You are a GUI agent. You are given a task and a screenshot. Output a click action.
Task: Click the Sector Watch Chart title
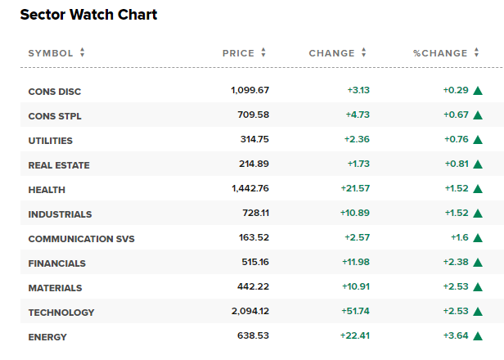(88, 15)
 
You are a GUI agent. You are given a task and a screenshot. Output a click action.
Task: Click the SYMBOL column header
(51, 53)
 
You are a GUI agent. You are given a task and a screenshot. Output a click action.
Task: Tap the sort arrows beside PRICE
(263, 52)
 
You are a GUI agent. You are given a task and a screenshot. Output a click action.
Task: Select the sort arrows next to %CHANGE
(476, 52)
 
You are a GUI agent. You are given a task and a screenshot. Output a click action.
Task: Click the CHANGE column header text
(331, 53)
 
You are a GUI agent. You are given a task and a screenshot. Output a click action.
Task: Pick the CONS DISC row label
(55, 92)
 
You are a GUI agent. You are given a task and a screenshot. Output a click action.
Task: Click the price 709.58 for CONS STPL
(254, 115)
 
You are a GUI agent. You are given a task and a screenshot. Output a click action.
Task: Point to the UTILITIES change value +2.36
(357, 139)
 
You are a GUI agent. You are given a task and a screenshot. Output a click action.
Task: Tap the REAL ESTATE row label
(59, 165)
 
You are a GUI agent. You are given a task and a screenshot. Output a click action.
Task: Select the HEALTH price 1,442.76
(250, 188)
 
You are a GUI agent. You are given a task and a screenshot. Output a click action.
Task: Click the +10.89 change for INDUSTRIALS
(355, 213)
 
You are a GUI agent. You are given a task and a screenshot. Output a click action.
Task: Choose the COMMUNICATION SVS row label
(81, 239)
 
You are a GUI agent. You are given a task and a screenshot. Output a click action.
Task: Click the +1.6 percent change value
(460, 237)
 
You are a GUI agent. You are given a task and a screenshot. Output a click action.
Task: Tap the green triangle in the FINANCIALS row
(478, 263)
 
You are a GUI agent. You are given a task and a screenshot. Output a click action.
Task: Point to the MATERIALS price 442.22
(254, 286)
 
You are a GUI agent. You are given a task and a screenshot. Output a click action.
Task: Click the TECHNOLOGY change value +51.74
(355, 311)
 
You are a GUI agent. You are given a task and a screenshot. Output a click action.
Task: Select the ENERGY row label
(47, 337)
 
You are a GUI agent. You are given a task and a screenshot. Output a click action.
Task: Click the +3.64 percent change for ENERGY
(456, 335)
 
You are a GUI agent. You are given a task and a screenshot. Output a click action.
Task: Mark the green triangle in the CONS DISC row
(478, 91)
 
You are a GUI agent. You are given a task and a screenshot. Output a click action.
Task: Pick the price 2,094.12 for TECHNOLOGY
(250, 311)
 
